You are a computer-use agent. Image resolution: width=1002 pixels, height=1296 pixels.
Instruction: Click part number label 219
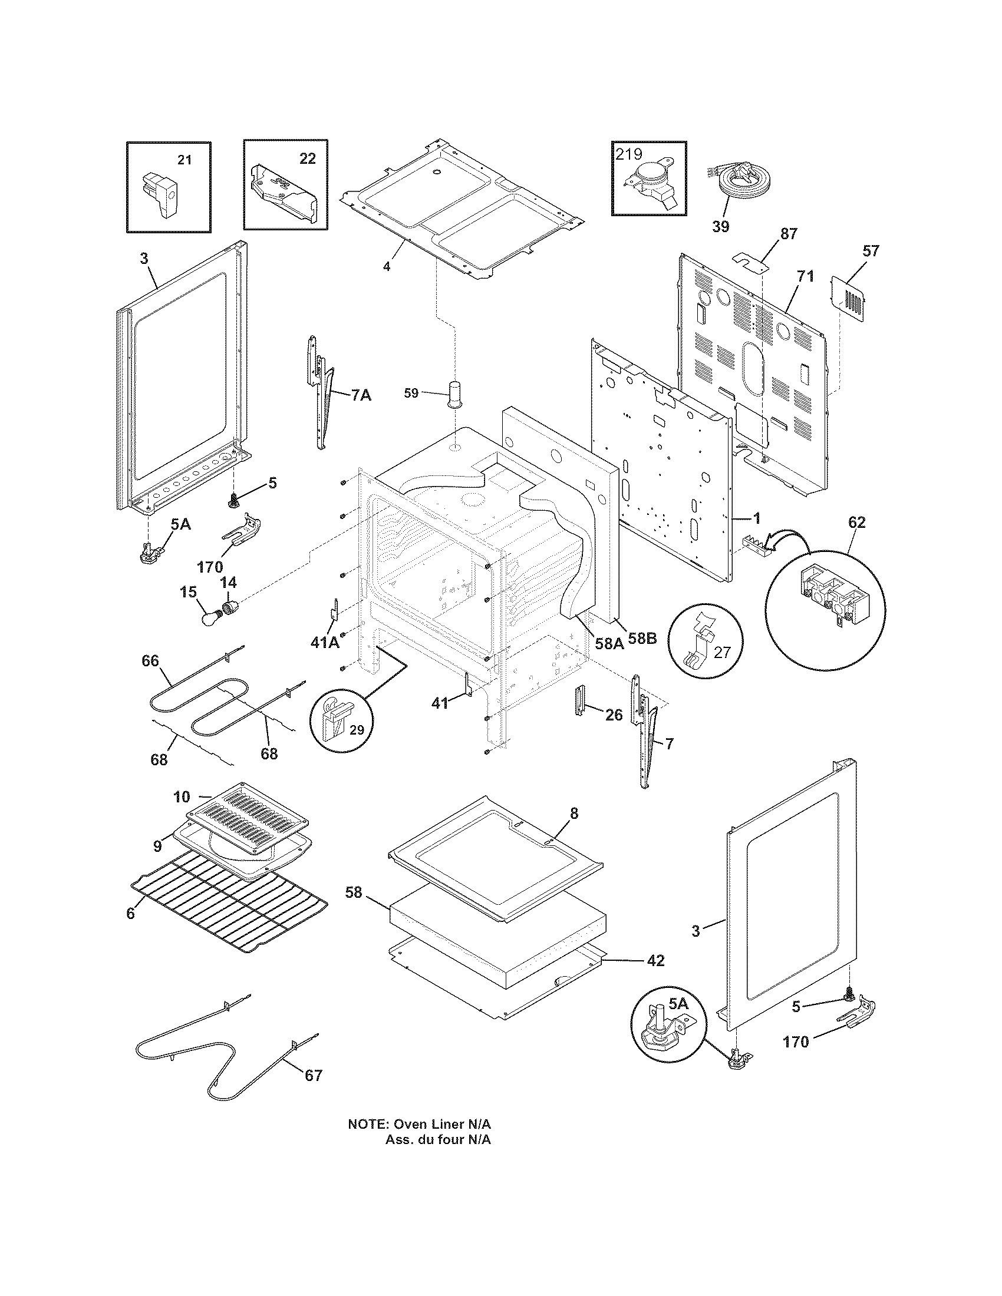[629, 154]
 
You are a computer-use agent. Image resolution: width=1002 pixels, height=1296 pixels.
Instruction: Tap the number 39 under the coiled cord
[720, 226]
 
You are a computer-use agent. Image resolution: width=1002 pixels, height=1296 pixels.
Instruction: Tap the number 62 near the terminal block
[856, 522]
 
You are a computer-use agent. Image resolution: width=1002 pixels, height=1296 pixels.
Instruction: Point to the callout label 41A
[324, 642]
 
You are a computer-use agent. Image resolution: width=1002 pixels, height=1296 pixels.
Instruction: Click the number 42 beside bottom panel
[655, 960]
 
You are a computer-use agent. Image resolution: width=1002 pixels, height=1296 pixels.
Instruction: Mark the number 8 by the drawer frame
[573, 813]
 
